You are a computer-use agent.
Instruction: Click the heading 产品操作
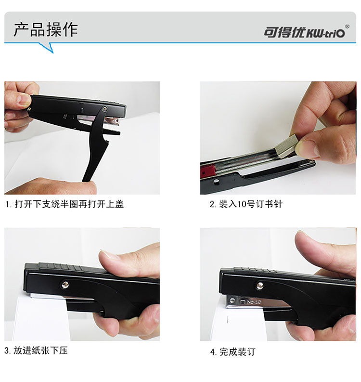click(x=46, y=30)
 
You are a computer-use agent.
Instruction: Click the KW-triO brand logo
click(x=305, y=32)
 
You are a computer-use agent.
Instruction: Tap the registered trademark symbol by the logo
click(x=348, y=26)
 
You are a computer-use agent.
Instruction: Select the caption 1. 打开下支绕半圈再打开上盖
click(x=64, y=204)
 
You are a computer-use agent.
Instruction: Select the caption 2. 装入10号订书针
click(x=246, y=204)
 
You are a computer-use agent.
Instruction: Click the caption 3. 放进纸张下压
click(x=36, y=351)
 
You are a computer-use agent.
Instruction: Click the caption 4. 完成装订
click(x=232, y=352)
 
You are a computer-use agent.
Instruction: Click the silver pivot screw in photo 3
click(x=65, y=284)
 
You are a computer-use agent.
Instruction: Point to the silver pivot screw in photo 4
click(x=260, y=285)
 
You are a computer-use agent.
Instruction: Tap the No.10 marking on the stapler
click(x=254, y=302)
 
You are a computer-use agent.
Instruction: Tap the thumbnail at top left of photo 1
click(x=24, y=99)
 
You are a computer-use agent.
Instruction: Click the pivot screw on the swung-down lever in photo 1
click(x=105, y=109)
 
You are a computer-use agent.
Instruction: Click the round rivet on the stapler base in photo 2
click(x=216, y=181)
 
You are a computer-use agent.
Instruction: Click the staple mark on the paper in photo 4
click(x=227, y=319)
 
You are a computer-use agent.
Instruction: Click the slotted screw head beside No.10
click(x=233, y=301)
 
